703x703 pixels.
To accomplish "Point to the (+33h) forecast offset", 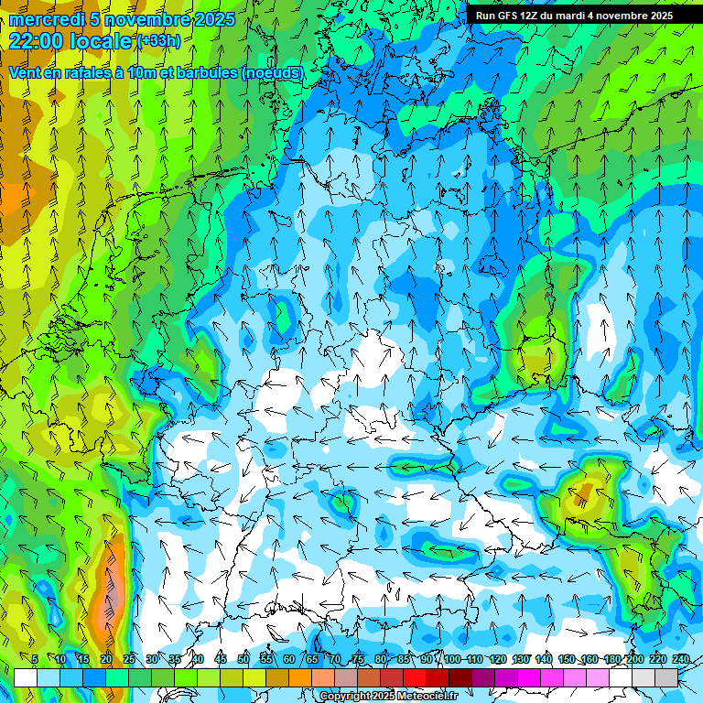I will (x=158, y=40).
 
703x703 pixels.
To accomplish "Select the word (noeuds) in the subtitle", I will (x=272, y=72).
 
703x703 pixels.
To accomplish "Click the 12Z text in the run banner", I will (x=534, y=16).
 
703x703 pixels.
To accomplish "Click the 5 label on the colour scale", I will (x=35, y=659).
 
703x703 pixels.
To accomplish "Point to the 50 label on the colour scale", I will (x=243, y=659).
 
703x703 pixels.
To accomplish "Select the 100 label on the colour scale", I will (x=451, y=659).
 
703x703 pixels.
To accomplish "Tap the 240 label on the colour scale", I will (x=681, y=659).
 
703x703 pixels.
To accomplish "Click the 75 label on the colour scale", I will (x=358, y=659).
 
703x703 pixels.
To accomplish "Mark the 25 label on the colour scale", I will (x=128, y=659).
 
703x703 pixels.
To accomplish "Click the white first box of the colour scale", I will (x=26, y=677).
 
